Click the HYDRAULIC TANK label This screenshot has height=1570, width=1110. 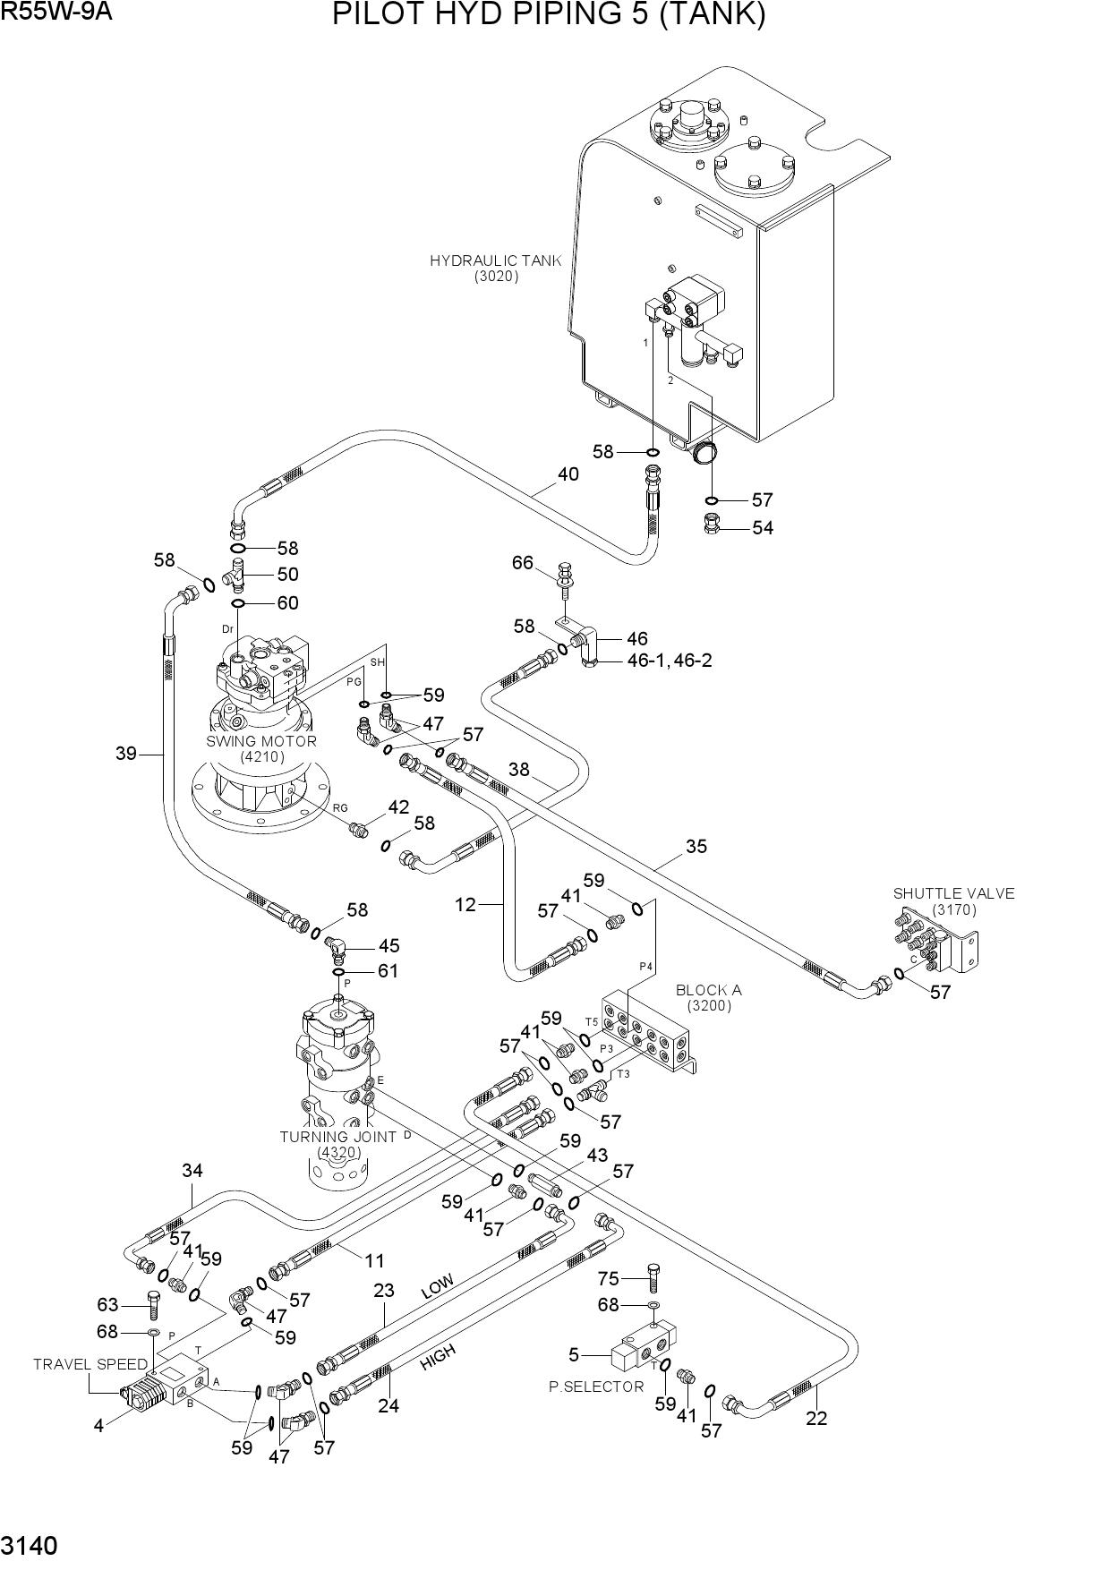[x=496, y=261]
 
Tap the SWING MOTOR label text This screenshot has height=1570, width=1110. [x=261, y=741]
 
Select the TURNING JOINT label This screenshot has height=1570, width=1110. [x=337, y=1137]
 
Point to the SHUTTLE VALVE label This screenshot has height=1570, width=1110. [x=953, y=893]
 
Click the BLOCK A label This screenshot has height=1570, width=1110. [x=708, y=990]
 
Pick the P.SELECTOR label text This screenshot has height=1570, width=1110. [x=596, y=1387]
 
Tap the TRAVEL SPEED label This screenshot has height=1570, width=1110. [x=90, y=1364]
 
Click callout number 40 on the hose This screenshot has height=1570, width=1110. [x=568, y=474]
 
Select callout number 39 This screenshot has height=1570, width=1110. [x=126, y=754]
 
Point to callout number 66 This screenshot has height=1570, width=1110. [x=523, y=563]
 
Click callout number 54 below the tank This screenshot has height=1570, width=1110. [x=763, y=528]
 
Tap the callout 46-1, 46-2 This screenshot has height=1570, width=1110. [x=670, y=661]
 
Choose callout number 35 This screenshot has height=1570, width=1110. [x=696, y=846]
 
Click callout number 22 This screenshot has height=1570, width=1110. [x=816, y=1418]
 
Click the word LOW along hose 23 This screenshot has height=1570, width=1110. [x=438, y=1287]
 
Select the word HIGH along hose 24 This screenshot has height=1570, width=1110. [x=438, y=1356]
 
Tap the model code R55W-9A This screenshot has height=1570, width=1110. [x=55, y=12]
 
